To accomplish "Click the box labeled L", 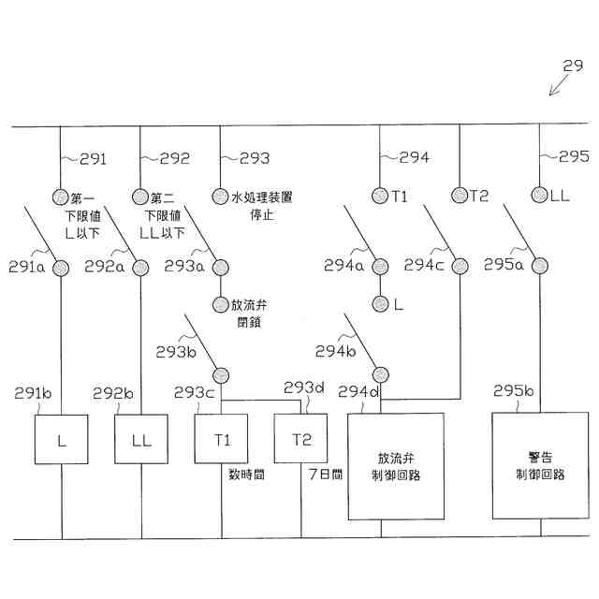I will pos(62,438).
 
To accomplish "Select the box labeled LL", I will pos(141,438).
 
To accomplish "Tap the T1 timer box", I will pos(222,438).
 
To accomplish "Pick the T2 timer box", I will pos(300,438).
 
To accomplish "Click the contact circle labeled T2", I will pos(459,196).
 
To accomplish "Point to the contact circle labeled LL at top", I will pos(539,196).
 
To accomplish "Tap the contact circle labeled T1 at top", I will pos(380,196).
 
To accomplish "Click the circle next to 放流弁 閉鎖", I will pos(221,304).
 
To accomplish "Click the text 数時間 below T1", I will pos(246,475).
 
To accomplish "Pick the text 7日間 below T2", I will pos(326,475).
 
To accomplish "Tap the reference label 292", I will pos(174,158).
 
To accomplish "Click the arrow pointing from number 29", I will pos(558,85).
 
